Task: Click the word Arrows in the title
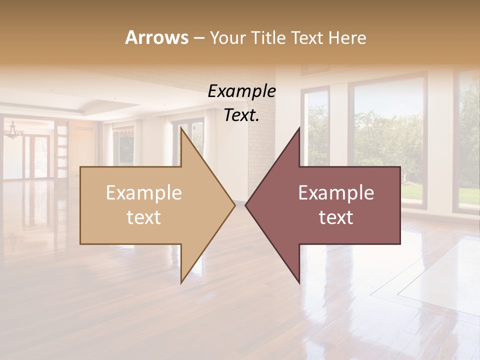click(x=156, y=37)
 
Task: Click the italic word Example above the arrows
click(x=241, y=91)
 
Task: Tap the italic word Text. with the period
click(x=241, y=115)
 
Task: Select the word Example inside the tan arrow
click(x=144, y=193)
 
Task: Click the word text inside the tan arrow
click(x=144, y=217)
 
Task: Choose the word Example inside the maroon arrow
click(x=336, y=193)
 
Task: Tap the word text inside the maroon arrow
click(x=336, y=217)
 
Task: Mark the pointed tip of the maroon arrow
click(x=246, y=205)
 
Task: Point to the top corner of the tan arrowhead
click(x=181, y=128)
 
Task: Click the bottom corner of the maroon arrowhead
click(x=299, y=283)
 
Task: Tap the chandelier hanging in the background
click(x=13, y=131)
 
